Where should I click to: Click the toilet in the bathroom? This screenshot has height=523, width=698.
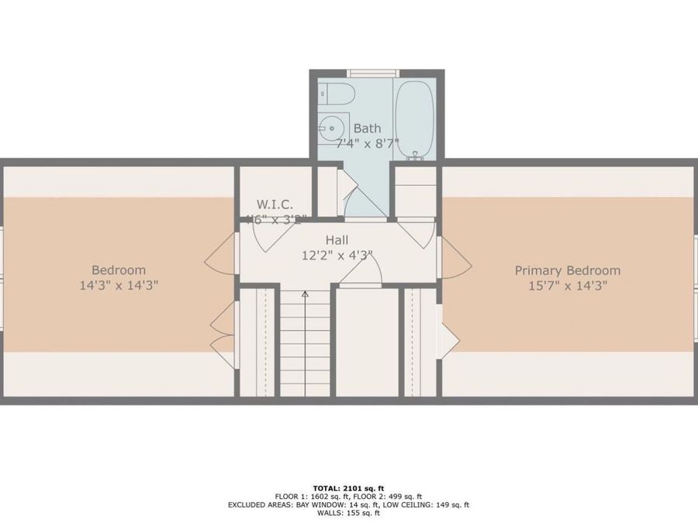(336, 94)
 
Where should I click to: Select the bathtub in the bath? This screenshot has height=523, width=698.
(413, 119)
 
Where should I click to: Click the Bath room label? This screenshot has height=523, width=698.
(367, 129)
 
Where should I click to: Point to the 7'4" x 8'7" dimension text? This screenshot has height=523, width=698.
(366, 143)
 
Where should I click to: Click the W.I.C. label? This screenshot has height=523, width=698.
(274, 205)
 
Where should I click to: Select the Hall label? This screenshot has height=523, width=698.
(337, 240)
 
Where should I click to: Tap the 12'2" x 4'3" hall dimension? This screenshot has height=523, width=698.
(337, 254)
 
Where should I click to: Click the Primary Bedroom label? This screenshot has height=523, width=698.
(568, 270)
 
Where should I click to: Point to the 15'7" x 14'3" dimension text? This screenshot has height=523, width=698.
(568, 285)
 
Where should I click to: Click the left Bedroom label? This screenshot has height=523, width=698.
(118, 270)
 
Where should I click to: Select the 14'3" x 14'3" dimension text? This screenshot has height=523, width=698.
(118, 285)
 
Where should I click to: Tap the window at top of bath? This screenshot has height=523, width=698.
(372, 74)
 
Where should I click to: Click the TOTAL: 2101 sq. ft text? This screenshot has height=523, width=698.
(348, 487)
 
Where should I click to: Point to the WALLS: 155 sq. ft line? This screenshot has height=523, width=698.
(348, 513)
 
